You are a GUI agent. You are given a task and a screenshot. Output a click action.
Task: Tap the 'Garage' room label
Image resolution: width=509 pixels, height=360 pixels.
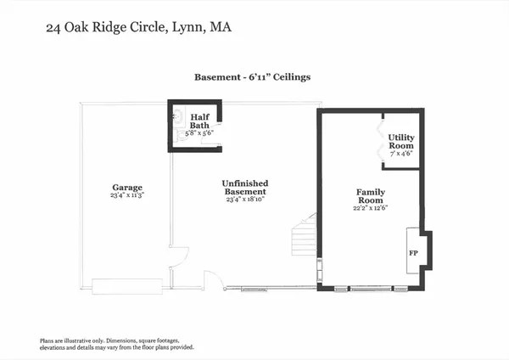pyautogui.click(x=127, y=187)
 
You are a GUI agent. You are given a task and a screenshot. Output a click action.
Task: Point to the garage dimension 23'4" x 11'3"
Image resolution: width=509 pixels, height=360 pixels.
pyautogui.click(x=127, y=195)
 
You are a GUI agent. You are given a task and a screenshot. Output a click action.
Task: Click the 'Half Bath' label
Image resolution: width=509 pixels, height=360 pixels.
pyautogui.click(x=199, y=121)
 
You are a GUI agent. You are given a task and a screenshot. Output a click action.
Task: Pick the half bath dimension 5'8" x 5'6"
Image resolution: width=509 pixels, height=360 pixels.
pyautogui.click(x=199, y=133)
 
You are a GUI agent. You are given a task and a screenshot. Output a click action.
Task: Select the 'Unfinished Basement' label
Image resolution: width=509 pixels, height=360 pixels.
pyautogui.click(x=245, y=187)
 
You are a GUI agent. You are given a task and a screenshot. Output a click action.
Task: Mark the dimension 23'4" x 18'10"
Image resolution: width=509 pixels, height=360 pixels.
pyautogui.click(x=245, y=200)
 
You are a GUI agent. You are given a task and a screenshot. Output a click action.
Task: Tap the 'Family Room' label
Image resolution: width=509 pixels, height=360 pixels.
pyautogui.click(x=370, y=196)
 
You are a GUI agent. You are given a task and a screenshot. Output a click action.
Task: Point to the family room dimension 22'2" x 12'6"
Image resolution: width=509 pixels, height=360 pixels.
pyautogui.click(x=370, y=208)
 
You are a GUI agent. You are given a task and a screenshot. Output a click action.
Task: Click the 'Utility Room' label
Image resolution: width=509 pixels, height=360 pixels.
pyautogui.click(x=401, y=141)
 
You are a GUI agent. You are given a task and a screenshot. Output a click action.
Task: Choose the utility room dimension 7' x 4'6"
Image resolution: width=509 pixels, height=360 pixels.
pyautogui.click(x=401, y=155)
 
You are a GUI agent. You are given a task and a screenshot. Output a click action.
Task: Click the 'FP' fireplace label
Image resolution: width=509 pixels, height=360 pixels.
pyautogui.click(x=413, y=253)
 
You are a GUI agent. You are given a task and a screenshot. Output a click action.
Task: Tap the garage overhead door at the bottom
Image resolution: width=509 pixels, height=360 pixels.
pyautogui.click(x=127, y=285)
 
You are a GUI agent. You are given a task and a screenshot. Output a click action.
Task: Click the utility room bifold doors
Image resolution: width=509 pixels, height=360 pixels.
pyautogui.click(x=379, y=141)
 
